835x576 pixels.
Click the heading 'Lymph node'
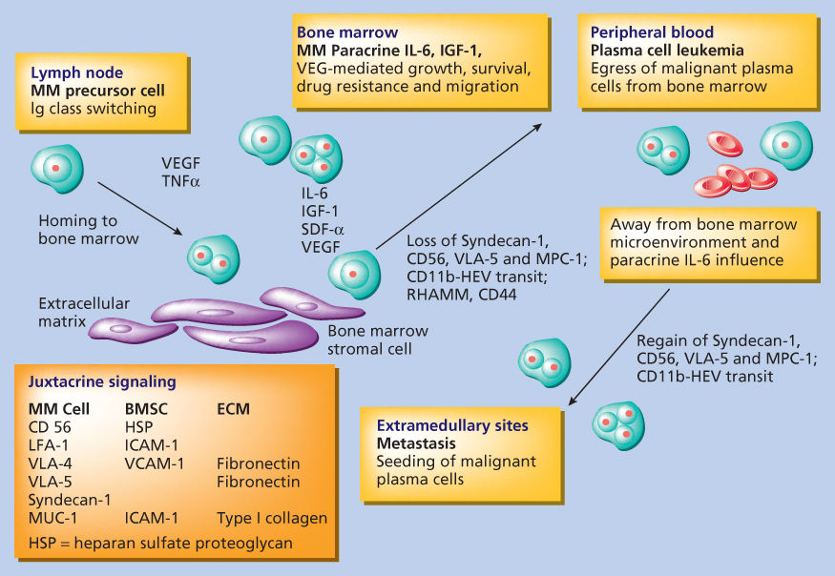click(x=73, y=72)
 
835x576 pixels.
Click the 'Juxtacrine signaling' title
click(x=103, y=382)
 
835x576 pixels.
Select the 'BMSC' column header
click(x=146, y=409)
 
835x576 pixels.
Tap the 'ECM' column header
click(x=234, y=409)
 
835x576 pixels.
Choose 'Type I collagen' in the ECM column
click(x=272, y=519)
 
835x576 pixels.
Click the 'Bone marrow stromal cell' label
click(x=378, y=339)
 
